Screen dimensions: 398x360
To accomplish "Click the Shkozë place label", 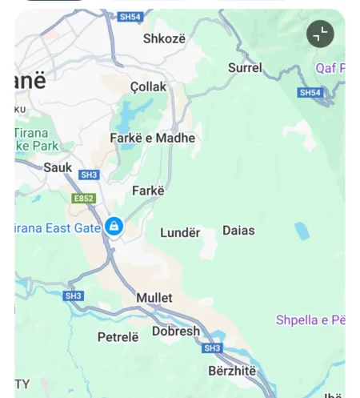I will [x=164, y=38].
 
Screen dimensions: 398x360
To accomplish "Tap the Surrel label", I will [x=245, y=68].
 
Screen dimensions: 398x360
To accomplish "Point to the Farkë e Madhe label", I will [x=152, y=138].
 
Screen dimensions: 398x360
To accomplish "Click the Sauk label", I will [x=58, y=167].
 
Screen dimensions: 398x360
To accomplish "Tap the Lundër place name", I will [x=180, y=232].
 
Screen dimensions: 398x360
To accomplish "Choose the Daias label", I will [x=238, y=231].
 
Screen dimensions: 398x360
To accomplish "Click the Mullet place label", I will [x=154, y=298].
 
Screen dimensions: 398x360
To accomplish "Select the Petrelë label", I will [x=118, y=337].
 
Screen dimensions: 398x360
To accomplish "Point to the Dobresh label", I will [x=176, y=331].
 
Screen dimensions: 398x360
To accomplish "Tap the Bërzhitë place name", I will [x=232, y=371].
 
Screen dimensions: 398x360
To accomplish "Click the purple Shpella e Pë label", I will [x=310, y=320].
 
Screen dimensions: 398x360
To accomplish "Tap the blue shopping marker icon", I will [x=114, y=227].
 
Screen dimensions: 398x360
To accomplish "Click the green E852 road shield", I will [x=83, y=198].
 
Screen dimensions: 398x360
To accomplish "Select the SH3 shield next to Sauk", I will [x=89, y=175].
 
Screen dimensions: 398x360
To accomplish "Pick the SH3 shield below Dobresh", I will [x=212, y=348].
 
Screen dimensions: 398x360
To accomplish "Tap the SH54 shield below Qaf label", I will [x=310, y=93].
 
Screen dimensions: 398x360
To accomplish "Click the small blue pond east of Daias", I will [x=302, y=231].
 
